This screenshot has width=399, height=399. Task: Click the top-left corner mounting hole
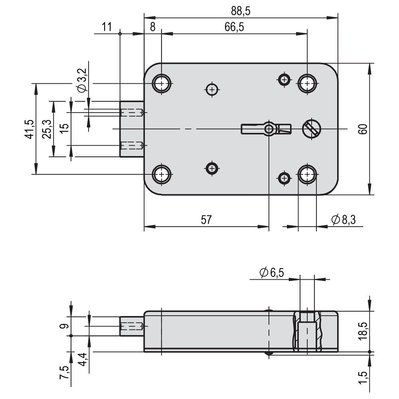[x=162, y=84]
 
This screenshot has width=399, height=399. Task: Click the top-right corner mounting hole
[x=307, y=84]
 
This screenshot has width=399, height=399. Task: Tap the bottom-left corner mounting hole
[x=162, y=174]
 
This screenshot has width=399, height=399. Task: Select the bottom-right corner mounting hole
[x=307, y=174]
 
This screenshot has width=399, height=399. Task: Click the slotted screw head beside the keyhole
[x=312, y=129]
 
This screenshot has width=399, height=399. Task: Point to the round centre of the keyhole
[x=269, y=129]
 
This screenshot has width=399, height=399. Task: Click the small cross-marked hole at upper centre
[x=212, y=89]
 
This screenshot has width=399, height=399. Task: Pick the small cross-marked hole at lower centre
[x=212, y=168]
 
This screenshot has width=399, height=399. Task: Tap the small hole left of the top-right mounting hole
[x=284, y=80]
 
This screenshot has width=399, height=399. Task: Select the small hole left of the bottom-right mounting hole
[x=284, y=178]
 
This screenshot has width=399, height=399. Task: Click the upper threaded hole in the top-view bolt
[x=132, y=113]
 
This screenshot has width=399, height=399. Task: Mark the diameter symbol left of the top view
[x=81, y=88]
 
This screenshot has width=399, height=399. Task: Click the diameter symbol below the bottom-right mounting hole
[x=336, y=219]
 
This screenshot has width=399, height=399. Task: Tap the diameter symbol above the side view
[x=263, y=273]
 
